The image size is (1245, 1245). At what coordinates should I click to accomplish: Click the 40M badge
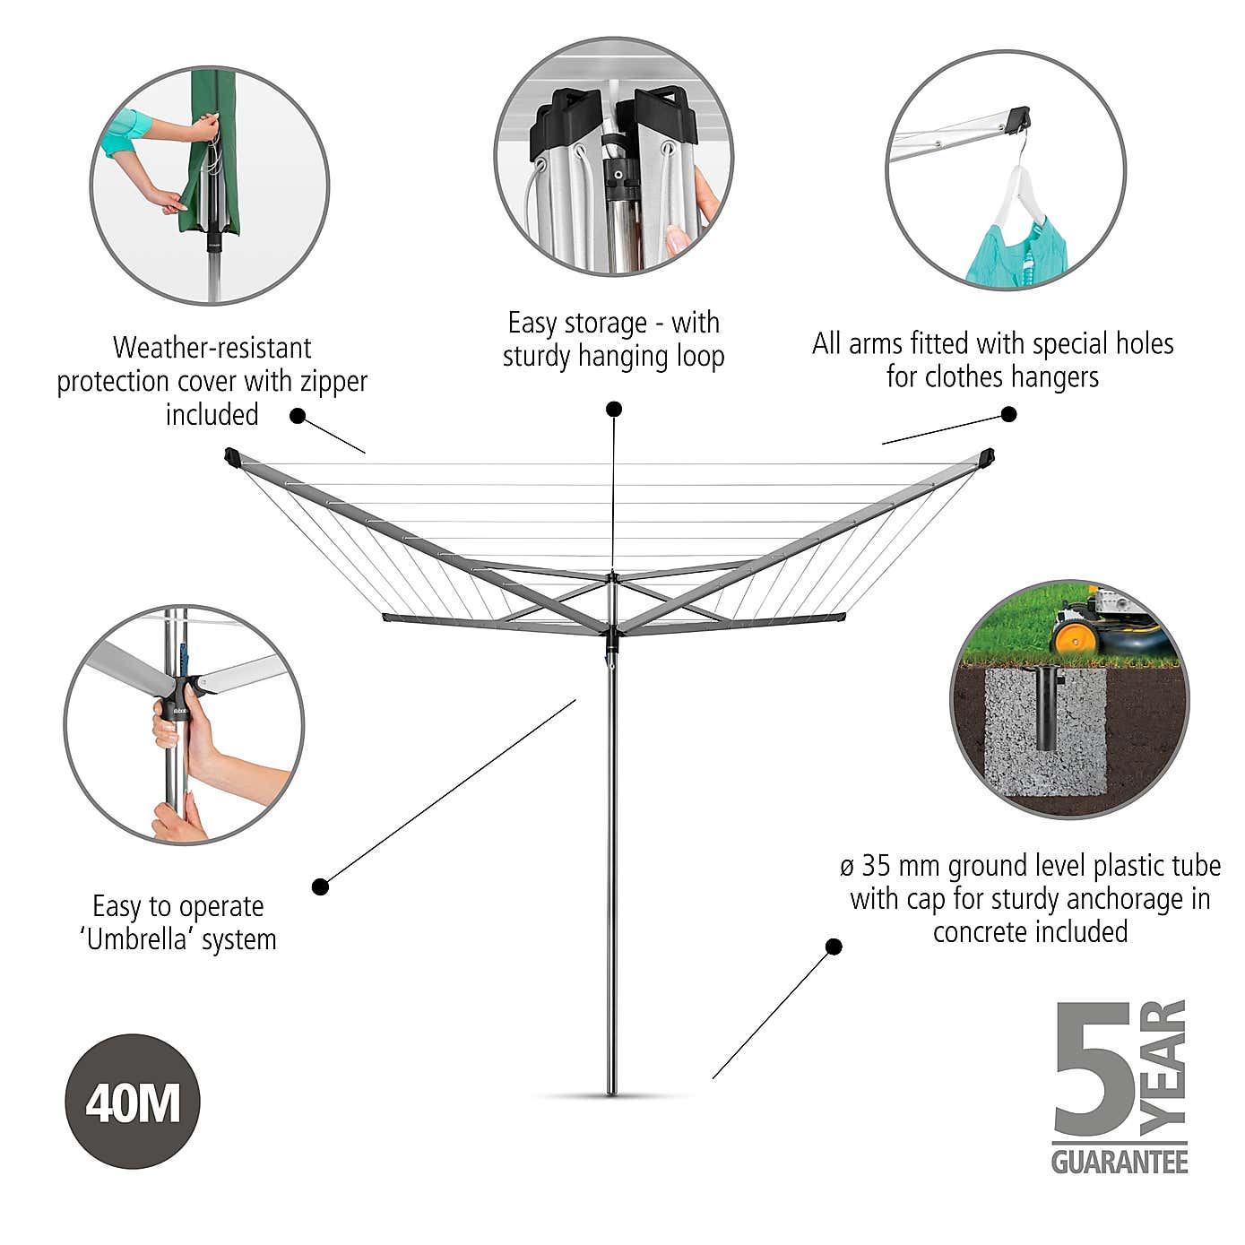133,1102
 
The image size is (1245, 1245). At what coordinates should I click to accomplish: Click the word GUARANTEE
1119,1163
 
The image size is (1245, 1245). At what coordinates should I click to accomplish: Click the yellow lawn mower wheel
1071,639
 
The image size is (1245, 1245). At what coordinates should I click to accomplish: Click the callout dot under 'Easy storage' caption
614,410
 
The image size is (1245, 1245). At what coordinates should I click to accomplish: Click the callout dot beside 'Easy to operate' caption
320,887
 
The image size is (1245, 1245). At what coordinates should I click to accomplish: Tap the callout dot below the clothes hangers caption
1008,414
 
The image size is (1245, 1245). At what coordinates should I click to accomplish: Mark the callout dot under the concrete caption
834,947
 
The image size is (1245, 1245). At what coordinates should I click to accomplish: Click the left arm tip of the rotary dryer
231,456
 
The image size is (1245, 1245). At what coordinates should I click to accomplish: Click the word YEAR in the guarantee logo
1166,1062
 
